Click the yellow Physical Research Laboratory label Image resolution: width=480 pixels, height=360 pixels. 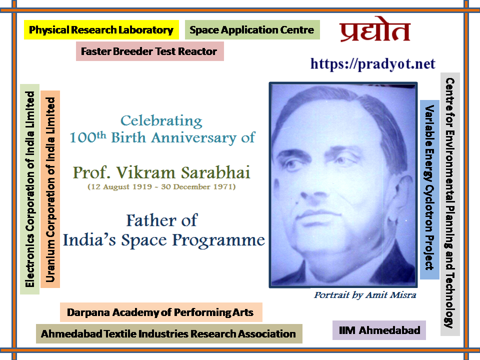coord(101,29)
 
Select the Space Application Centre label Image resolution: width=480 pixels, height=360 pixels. coord(252,29)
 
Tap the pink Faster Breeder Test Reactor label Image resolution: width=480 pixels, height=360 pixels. coord(149,51)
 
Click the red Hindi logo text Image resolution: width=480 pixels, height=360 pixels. coord(375,29)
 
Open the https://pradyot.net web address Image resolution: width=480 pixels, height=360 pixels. coord(372,64)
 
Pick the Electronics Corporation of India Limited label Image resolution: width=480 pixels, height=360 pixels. coord(29,189)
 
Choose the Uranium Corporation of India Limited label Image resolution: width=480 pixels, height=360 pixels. coord(50,189)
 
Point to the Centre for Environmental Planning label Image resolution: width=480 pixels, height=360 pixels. coord(450,204)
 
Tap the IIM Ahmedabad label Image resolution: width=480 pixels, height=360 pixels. coord(379,330)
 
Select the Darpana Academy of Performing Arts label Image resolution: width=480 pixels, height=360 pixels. coord(161,312)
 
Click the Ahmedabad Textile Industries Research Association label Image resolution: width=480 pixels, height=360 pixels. coord(169,333)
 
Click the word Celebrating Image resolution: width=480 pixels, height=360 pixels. coord(161,121)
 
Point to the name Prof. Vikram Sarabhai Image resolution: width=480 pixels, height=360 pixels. coord(161,172)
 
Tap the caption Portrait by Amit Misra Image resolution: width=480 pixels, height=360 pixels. coord(365,295)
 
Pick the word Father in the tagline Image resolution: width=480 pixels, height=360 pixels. coord(151,220)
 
